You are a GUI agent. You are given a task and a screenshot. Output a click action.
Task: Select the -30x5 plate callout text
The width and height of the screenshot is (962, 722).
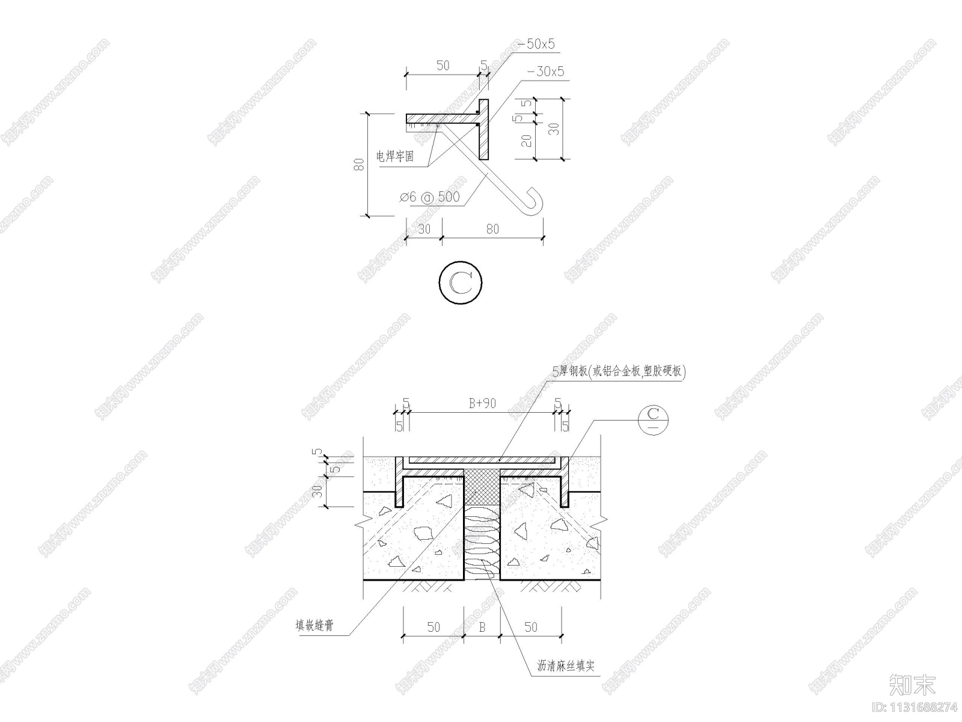point(545,72)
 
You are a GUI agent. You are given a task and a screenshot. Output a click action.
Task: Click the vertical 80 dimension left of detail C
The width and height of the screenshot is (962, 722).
point(359,164)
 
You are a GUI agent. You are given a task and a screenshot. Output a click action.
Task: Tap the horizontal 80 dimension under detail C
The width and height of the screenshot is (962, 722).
point(492,229)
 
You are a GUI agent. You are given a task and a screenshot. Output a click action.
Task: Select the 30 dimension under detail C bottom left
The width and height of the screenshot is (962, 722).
point(424,229)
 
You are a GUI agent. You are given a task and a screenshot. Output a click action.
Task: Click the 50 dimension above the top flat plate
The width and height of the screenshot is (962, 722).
point(443,66)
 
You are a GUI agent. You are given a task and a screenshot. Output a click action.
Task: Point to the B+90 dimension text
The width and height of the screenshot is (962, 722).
point(482,404)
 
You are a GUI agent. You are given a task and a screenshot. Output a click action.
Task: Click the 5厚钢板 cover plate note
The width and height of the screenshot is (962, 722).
point(619,372)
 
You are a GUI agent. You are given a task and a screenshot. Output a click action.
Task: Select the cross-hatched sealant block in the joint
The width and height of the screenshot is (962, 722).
point(482,486)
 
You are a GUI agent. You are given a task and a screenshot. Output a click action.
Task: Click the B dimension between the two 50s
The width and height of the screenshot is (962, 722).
point(482,627)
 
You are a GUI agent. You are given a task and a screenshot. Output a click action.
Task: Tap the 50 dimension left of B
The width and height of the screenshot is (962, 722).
point(433,627)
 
